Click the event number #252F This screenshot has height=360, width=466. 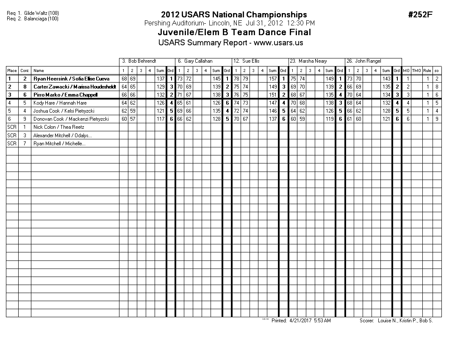coord(420,15)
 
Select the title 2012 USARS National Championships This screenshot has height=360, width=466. coord(234,15)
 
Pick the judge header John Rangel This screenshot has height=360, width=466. coord(368,61)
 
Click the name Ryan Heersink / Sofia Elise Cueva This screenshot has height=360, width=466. coord(71,79)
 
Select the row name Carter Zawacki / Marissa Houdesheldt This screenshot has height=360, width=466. coord(75,87)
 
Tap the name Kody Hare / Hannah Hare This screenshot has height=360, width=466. coord(60,103)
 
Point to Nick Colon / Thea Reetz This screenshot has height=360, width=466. coord(59,127)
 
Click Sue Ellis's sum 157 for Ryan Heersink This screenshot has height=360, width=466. coord(273,79)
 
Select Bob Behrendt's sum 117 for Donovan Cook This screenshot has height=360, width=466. coord(160,119)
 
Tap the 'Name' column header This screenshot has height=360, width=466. coord(39,71)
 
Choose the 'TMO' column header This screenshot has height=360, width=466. coord(416,71)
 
